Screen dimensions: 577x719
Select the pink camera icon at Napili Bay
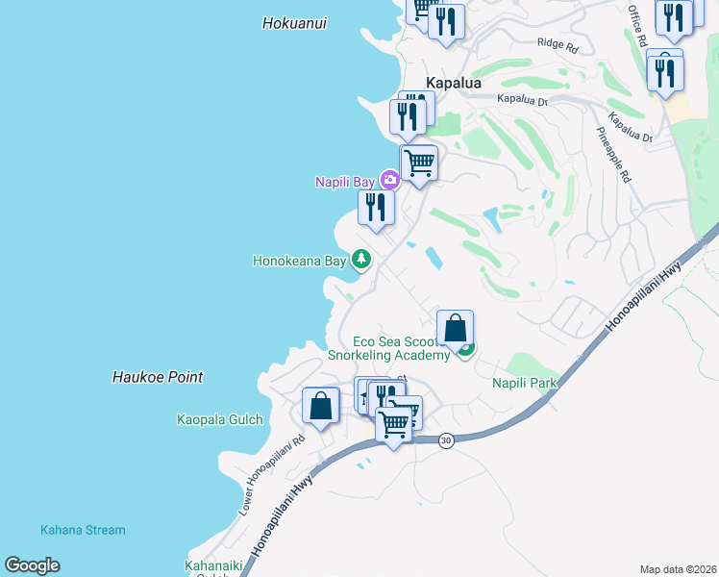pos(389,180)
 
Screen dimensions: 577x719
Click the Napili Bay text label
pos(346,182)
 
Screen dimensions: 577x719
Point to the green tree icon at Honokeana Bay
pos(361,259)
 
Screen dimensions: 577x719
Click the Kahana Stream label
pos(83,530)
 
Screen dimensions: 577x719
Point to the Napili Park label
pos(525,383)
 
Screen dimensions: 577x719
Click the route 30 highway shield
pos(445,439)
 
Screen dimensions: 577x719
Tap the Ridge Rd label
pos(558,44)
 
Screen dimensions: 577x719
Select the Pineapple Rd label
pos(612,155)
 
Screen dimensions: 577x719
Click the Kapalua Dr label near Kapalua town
pos(522,99)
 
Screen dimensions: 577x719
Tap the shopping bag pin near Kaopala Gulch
pos(320,406)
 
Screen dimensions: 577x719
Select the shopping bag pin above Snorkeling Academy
pos(456,328)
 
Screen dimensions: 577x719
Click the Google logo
pos(32,565)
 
